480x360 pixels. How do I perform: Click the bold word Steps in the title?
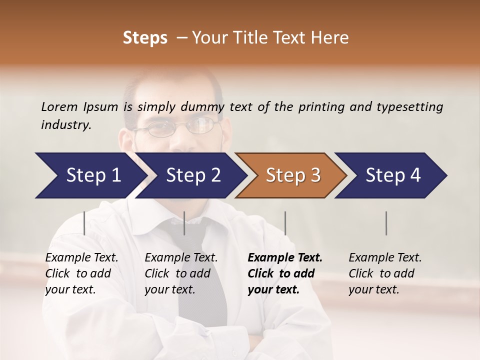coord(145,38)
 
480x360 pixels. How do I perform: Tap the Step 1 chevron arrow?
coord(90,175)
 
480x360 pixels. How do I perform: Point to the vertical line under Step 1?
coord(84,223)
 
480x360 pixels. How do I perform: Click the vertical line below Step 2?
coord(184,223)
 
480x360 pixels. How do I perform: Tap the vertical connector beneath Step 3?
coord(285,223)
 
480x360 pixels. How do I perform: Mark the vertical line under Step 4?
coord(386,223)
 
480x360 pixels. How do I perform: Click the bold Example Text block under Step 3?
coord(285,273)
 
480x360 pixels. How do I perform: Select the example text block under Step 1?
coord(81,273)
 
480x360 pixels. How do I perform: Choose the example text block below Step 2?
coord(181,273)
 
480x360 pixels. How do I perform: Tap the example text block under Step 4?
coord(385,273)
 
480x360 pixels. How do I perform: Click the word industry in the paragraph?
coord(65,124)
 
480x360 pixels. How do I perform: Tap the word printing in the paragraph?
coord(321,106)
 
